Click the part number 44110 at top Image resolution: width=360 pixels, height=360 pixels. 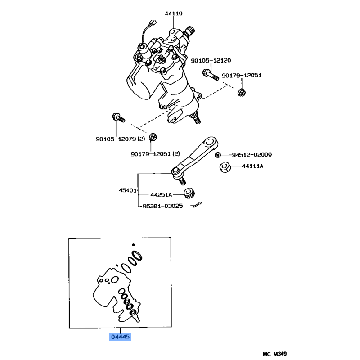tap(174, 13)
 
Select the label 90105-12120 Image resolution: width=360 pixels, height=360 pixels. tap(211, 60)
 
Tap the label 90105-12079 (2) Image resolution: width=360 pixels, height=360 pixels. tap(121, 139)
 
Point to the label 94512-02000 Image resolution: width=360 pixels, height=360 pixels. tap(252, 155)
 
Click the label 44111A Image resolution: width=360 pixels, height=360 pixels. tap(252, 166)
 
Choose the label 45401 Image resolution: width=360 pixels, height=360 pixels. tap(128, 190)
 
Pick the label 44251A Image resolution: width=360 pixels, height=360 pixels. tap(161, 195)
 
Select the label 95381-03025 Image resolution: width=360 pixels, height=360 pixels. tap(163, 206)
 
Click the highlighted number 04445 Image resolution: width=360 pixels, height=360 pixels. tap(120, 337)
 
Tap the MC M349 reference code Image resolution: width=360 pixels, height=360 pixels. tap(275, 354)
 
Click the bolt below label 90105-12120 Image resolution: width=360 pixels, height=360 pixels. tap(210, 75)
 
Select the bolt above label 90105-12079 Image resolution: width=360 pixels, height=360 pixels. tap(118, 117)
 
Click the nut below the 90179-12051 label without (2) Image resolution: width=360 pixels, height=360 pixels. tap(242, 92)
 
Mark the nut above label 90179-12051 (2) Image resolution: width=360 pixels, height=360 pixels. tap(153, 137)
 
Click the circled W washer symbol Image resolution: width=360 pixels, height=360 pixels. tap(218, 155)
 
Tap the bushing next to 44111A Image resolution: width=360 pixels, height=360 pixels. tap(225, 167)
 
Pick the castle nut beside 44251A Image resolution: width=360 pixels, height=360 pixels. tap(189, 193)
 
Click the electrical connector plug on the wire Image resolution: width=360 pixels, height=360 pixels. tap(153, 23)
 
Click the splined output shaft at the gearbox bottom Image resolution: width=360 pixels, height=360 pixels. tap(196, 118)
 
